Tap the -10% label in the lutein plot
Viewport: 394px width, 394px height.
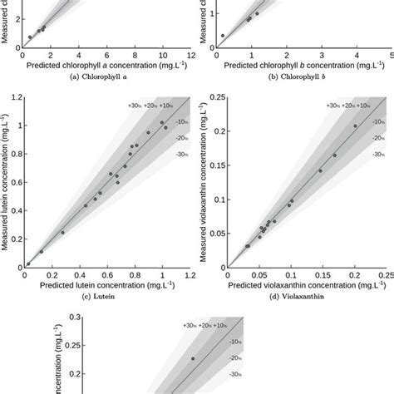point(180,123)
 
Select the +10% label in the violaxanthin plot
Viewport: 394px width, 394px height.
point(359,106)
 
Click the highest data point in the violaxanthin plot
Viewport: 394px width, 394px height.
point(355,126)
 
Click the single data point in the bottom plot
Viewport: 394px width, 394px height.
point(194,359)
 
